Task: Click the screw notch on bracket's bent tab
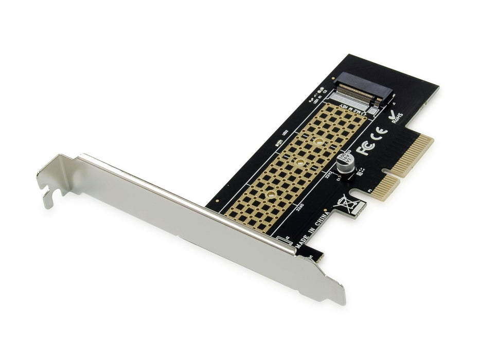(49, 194)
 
